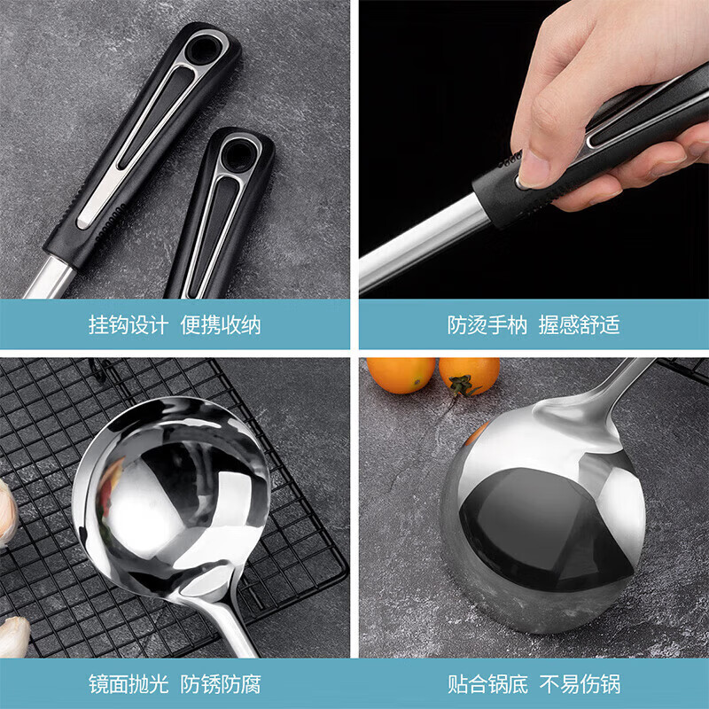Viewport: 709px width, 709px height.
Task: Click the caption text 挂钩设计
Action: pos(128,324)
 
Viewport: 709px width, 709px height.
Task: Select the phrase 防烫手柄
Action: pos(487,324)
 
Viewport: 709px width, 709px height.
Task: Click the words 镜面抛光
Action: pos(128,684)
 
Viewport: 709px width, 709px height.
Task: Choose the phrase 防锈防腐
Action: pos(221,684)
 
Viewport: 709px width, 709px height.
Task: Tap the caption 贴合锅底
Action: pos(487,684)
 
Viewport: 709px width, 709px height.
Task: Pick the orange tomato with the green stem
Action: pos(469,376)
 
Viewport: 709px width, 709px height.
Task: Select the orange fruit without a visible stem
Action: pos(401,373)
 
